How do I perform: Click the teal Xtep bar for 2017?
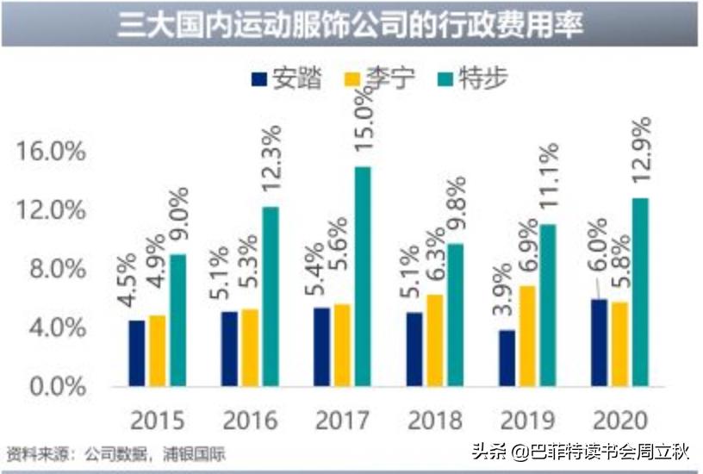pos(363,276)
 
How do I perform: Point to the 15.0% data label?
pos(363,128)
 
